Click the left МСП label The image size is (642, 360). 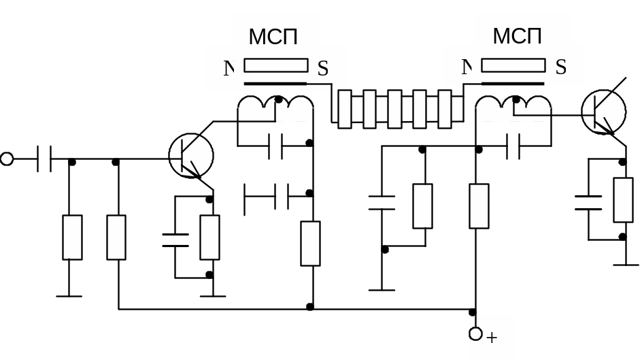[x=273, y=37]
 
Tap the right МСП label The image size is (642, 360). [x=517, y=36]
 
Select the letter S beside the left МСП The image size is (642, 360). [x=322, y=68]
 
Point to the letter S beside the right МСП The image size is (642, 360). [x=560, y=67]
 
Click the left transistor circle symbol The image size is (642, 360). [x=191, y=156]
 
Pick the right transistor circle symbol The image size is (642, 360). [x=603, y=112]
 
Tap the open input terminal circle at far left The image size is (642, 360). [x=7, y=159]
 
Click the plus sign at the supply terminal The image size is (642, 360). [x=492, y=338]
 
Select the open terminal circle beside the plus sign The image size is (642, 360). [x=476, y=334]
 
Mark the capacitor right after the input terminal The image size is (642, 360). [x=44, y=159]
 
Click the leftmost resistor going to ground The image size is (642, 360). [x=72, y=237]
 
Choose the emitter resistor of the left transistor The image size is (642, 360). [x=209, y=237]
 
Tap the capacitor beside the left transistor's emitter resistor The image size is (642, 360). [x=175, y=239]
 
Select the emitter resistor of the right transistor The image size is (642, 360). [x=623, y=199]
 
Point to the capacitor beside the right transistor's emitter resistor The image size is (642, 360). [x=588, y=202]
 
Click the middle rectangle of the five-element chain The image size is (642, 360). [x=394, y=109]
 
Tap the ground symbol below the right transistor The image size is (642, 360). [x=626, y=264]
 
